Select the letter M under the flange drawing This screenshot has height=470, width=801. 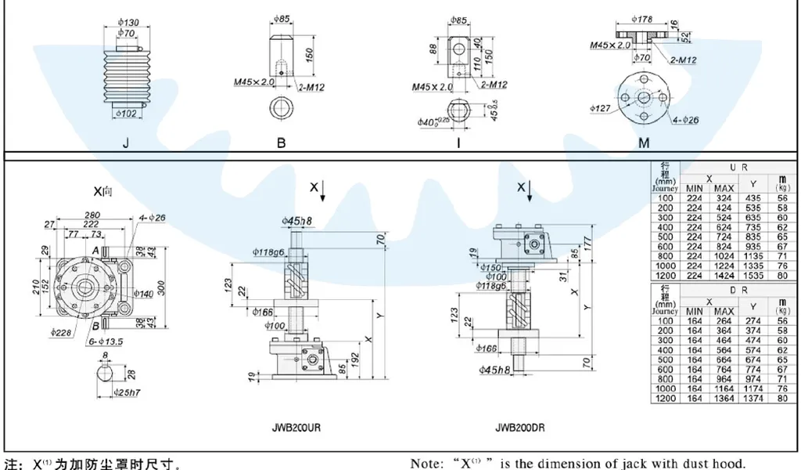[x=645, y=143]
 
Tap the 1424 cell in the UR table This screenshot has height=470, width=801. [x=724, y=275]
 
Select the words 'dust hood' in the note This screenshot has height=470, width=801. [x=710, y=463]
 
